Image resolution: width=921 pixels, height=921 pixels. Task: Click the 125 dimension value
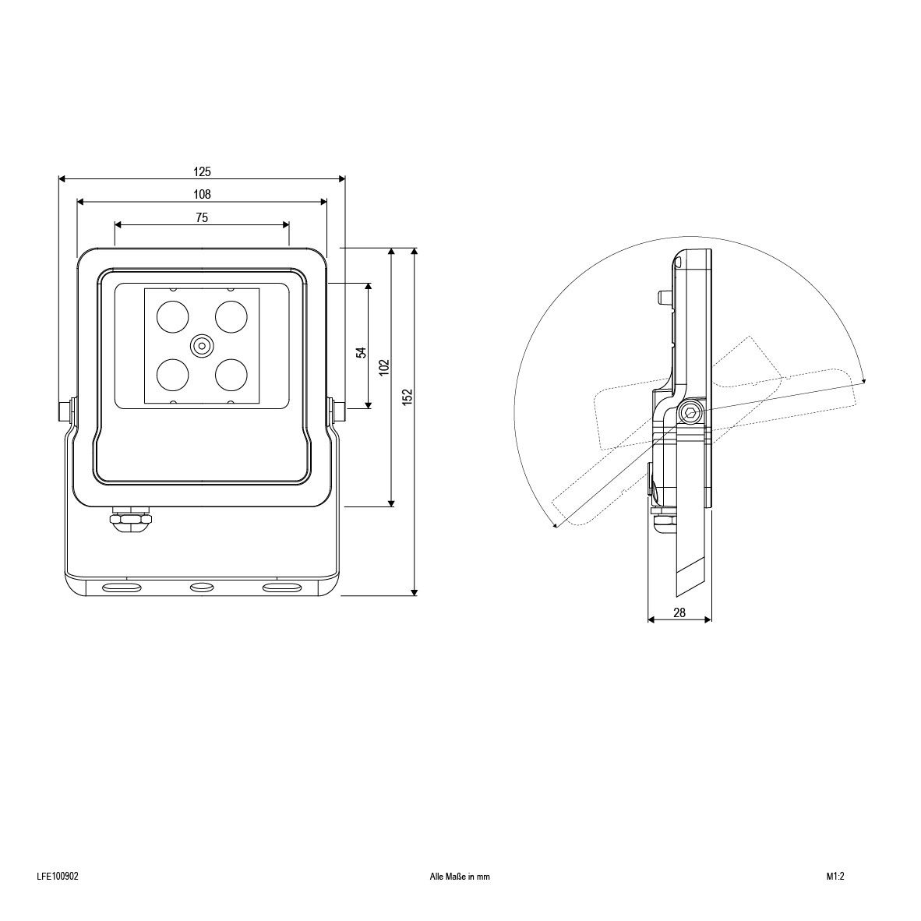point(202,171)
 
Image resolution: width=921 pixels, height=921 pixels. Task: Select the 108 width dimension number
point(202,194)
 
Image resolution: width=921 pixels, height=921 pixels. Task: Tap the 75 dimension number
point(202,218)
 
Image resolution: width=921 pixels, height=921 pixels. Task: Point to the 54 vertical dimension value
point(361,352)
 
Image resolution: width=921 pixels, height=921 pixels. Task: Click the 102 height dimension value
point(384,368)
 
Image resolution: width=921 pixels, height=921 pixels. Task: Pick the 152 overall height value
point(407,397)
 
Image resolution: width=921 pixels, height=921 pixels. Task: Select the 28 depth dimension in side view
point(679,612)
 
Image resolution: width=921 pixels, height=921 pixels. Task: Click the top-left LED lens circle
point(172,316)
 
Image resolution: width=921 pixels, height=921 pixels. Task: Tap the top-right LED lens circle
point(231,316)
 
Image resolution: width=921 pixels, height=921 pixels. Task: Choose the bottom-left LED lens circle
point(172,374)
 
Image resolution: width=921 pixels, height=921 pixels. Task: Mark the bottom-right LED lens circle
point(231,374)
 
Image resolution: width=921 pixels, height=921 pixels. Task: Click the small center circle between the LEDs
point(202,344)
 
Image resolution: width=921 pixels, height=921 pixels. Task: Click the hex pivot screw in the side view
point(690,413)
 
